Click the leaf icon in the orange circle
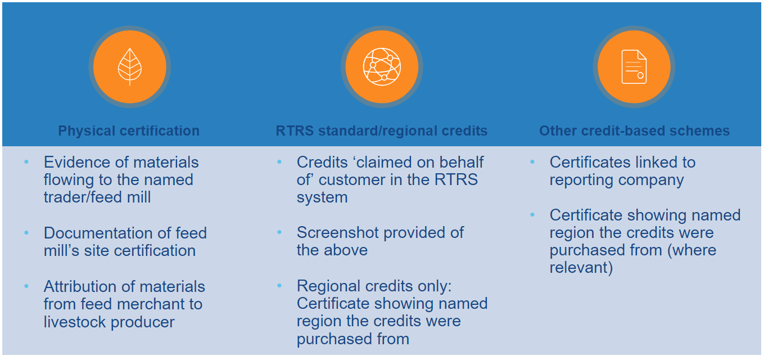click(130, 66)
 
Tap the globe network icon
click(382, 66)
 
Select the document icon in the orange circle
click(634, 66)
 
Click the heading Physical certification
click(129, 130)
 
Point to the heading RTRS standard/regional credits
click(382, 130)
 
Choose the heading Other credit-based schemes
click(634, 130)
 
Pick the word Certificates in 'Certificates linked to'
click(593, 162)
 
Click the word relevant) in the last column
click(581, 268)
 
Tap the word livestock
click(74, 322)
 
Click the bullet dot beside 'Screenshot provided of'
click(279, 232)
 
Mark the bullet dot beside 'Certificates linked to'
click(532, 161)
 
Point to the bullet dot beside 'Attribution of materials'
click(26, 286)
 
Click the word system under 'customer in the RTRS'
click(322, 197)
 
